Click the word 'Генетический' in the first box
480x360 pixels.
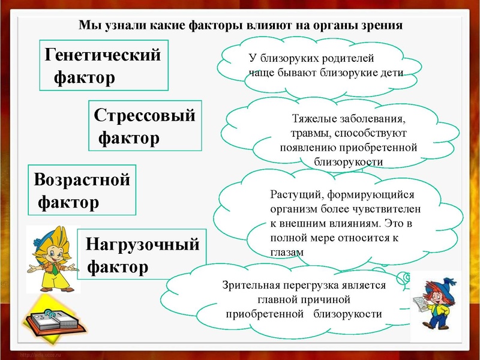[x=103, y=55]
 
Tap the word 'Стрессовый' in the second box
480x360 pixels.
[x=145, y=115]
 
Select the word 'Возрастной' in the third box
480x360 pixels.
[x=82, y=179]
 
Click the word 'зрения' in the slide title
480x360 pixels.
[x=380, y=26]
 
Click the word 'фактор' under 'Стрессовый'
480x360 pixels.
[x=128, y=139]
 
